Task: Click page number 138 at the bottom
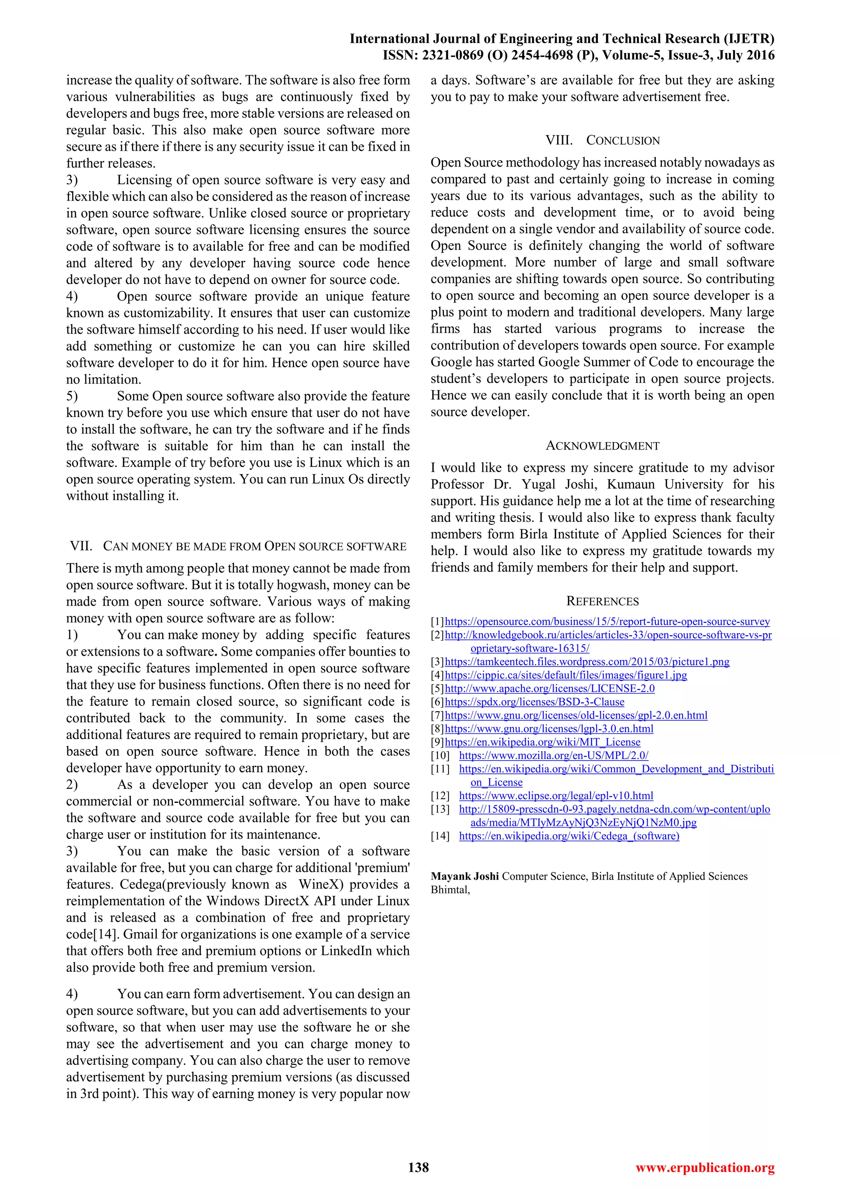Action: tap(418, 1167)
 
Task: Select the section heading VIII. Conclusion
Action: tap(602, 141)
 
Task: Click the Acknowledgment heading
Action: tap(602, 446)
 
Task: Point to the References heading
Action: tap(602, 601)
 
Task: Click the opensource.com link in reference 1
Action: tap(607, 621)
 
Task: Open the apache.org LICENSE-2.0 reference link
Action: tap(549, 689)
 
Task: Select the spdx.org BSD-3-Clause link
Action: tap(534, 702)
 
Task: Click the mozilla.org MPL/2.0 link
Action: tap(554, 756)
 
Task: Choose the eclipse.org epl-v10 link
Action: tap(556, 796)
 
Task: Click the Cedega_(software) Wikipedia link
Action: tap(569, 836)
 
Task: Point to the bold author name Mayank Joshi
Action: tap(464, 876)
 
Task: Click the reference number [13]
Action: tap(440, 809)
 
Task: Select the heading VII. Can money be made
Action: tap(238, 546)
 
